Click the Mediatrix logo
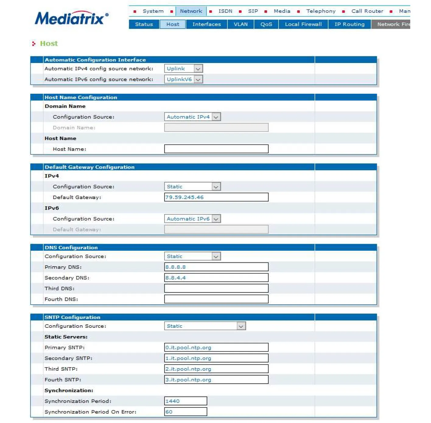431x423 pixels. tap(71, 18)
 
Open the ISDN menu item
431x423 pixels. tap(225, 11)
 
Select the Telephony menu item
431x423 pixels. tap(321, 11)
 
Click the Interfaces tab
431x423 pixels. tap(206, 24)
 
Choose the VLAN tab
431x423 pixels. tap(240, 24)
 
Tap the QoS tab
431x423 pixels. tap(266, 24)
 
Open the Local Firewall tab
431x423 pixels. tap(303, 24)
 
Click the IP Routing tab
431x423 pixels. tap(349, 24)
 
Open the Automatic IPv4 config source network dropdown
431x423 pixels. tap(183, 69)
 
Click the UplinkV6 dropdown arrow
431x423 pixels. tap(198, 80)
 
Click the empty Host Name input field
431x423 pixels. tap(216, 149)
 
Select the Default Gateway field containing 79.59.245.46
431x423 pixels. tap(216, 197)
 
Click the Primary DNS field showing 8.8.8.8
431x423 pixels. tap(216, 267)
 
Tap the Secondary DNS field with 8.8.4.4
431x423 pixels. tap(216, 278)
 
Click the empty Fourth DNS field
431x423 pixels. tap(216, 299)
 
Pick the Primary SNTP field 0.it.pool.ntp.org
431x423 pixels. tap(216, 347)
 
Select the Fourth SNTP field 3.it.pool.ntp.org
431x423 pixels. tap(216, 379)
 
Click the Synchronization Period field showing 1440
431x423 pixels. tap(185, 401)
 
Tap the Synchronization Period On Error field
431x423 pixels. tap(185, 412)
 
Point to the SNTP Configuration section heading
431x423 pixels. tap(72, 317)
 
